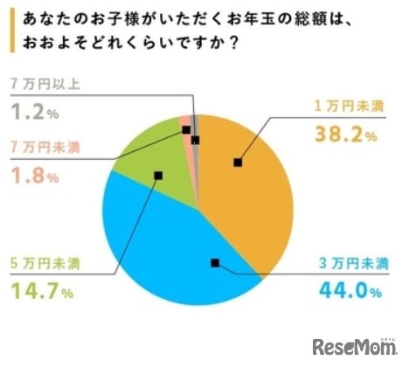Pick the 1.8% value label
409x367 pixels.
pos(35,177)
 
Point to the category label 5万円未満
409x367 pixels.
pos(44,260)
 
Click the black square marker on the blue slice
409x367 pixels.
pos(215,262)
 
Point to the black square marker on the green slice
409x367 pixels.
pos(157,175)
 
